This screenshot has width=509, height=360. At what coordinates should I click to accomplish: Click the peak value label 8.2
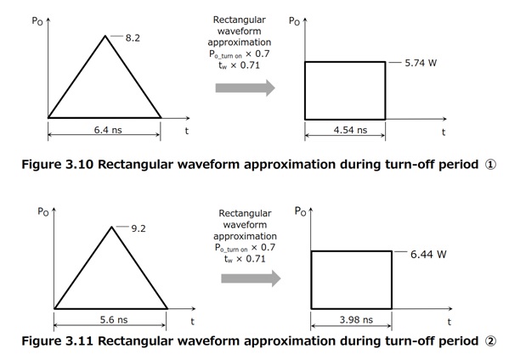tap(133, 38)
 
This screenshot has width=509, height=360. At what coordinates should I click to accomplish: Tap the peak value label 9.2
tap(139, 228)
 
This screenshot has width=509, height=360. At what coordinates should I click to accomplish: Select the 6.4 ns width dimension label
tap(108, 130)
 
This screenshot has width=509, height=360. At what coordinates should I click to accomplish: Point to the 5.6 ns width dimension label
tap(114, 320)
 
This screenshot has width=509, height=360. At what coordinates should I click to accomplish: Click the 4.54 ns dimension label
tap(350, 130)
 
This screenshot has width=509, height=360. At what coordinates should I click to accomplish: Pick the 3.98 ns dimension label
tap(356, 320)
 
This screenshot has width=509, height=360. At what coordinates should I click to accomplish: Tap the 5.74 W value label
tap(421, 63)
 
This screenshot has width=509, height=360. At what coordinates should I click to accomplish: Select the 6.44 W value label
tap(428, 254)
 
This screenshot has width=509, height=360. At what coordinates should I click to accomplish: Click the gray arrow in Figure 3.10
tap(245, 87)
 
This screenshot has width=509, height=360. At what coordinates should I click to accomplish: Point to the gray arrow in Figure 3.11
tap(251, 278)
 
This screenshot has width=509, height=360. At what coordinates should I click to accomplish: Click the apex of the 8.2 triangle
tap(105, 36)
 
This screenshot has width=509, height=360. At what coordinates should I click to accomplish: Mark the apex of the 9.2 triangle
tap(111, 227)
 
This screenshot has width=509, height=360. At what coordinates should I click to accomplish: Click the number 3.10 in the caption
tap(80, 165)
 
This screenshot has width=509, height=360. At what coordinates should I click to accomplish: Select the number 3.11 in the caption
tap(80, 340)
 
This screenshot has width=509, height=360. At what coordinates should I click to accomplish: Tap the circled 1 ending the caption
tap(490, 165)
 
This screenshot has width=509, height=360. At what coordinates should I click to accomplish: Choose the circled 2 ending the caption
tap(490, 341)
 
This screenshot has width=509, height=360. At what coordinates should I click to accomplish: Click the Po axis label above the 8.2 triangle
tap(37, 21)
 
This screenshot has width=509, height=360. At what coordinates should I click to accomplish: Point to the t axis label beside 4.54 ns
tap(444, 132)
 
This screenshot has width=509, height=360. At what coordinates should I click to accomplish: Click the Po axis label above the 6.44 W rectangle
tap(300, 211)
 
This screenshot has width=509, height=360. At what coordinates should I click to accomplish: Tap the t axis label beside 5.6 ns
tap(193, 322)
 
